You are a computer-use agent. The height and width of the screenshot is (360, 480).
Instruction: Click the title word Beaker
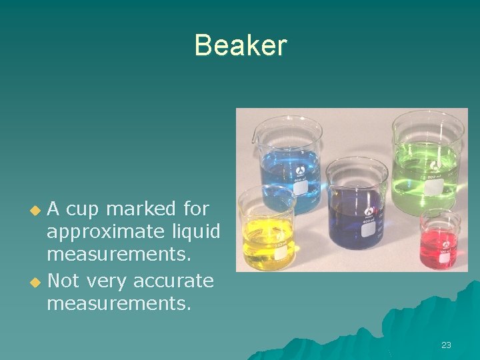[x=240, y=45]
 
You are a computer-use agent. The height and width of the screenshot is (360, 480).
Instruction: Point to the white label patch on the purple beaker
[x=367, y=229]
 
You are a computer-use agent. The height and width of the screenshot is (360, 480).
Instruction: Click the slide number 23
[x=446, y=345]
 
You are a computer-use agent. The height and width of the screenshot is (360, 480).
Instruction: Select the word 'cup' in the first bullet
[x=83, y=209]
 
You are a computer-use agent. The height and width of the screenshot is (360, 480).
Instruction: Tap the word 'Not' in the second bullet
[x=63, y=281]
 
